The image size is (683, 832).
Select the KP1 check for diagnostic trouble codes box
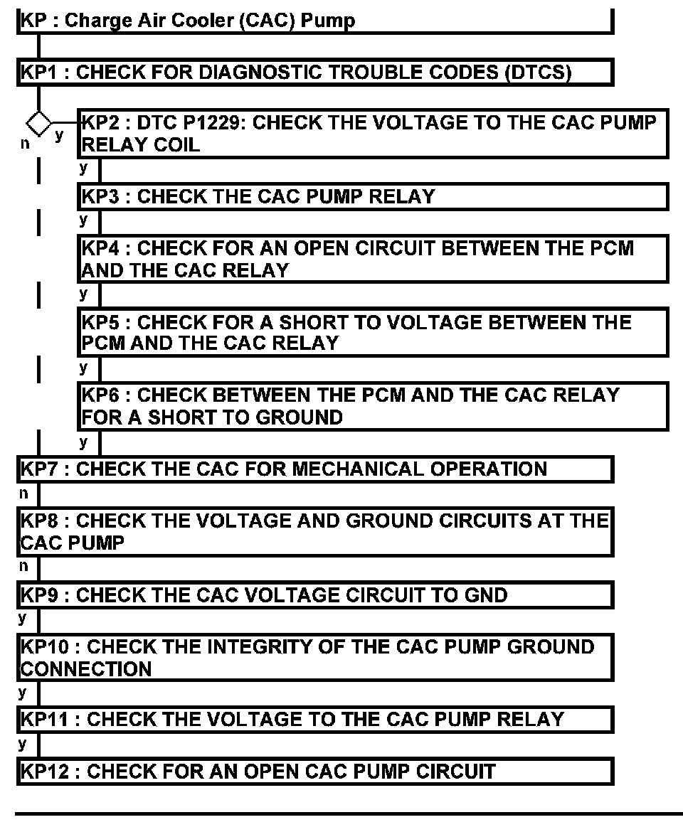coord(314,73)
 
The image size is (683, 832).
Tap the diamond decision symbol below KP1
coord(39,123)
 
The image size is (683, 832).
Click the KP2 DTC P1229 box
coord(373,134)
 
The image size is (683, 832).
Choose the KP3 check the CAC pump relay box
coord(373,196)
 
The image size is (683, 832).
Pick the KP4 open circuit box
coord(373,259)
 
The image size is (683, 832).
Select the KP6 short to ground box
coord(373,405)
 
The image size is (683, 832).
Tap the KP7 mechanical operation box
coord(314,469)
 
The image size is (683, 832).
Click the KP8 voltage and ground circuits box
coord(314,532)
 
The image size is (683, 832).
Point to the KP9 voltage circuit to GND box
coord(314,594)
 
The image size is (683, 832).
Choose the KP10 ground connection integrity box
coord(314,658)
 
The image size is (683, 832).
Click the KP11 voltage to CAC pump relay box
coord(314,719)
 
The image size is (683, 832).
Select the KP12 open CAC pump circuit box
coord(314,772)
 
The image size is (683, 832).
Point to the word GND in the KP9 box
coord(484,594)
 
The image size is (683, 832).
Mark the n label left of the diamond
coord(25,142)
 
